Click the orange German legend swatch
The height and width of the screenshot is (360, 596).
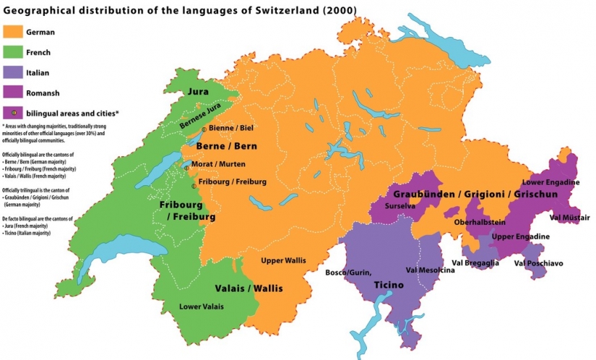point(12,32)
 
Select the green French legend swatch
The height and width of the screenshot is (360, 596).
point(12,52)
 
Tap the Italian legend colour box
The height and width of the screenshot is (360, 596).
point(12,72)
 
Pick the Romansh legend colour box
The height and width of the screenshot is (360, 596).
point(12,92)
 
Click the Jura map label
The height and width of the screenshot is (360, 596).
point(198,93)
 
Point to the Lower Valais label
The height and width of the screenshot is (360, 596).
point(202,307)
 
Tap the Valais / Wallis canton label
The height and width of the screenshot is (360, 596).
point(249,288)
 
